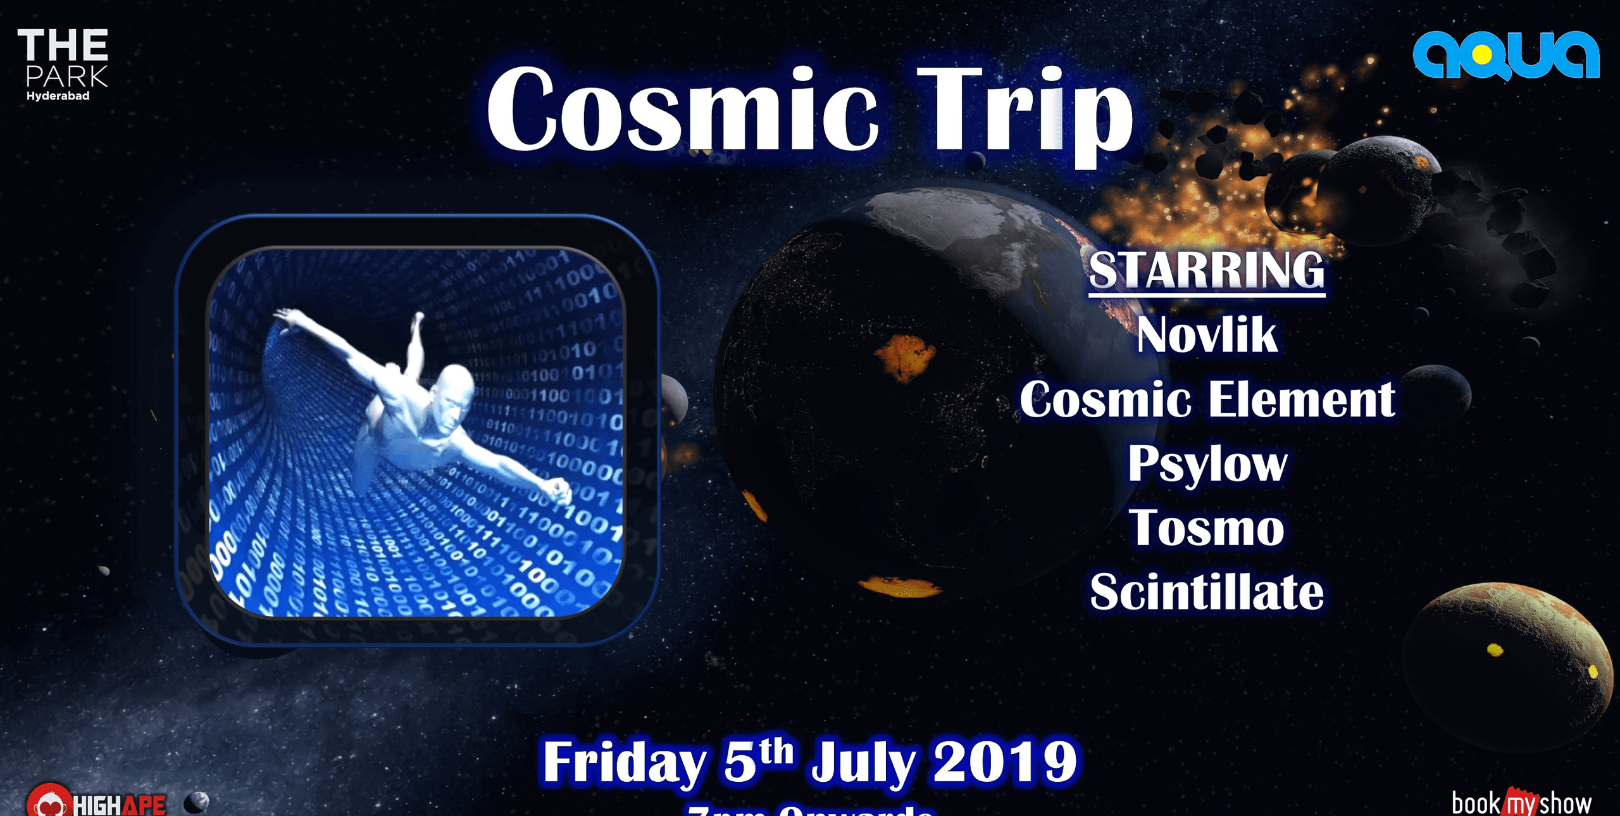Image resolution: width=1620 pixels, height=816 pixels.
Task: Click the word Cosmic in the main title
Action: coord(682,111)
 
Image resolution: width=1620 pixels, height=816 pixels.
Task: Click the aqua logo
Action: coord(1506,56)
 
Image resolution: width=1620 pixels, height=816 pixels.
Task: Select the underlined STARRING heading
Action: coord(1206,270)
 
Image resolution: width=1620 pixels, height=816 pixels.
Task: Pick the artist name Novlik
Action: coord(1206,335)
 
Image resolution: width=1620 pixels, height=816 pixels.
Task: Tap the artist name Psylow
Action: coord(1206,464)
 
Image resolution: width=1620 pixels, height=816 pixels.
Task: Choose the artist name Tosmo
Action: coord(1206,528)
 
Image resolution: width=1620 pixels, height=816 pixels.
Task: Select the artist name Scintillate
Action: coord(1206,593)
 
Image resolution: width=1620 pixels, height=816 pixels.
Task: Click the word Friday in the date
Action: coord(624,762)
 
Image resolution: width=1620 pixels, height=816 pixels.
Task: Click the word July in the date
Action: coord(863,762)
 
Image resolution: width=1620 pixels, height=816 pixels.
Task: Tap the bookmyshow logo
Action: coord(1521,803)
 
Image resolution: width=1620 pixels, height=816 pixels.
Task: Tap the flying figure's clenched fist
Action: coord(558,490)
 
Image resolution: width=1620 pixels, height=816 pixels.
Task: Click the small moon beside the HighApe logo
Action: coord(196,803)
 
